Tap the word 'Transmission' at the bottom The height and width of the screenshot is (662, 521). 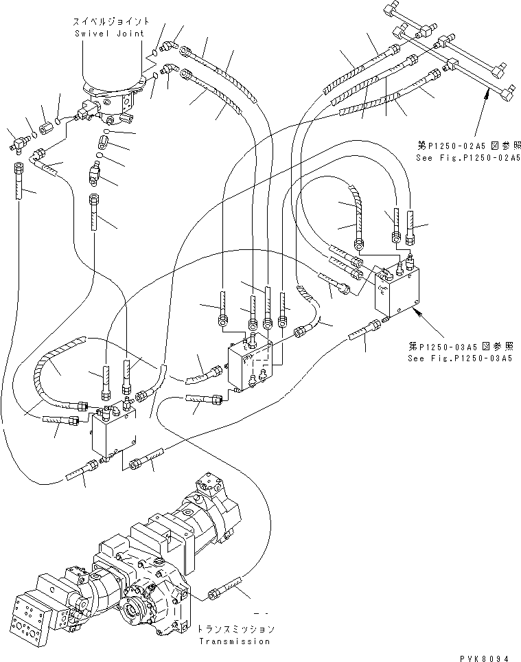tap(233, 641)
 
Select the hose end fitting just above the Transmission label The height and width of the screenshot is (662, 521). tap(224, 589)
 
